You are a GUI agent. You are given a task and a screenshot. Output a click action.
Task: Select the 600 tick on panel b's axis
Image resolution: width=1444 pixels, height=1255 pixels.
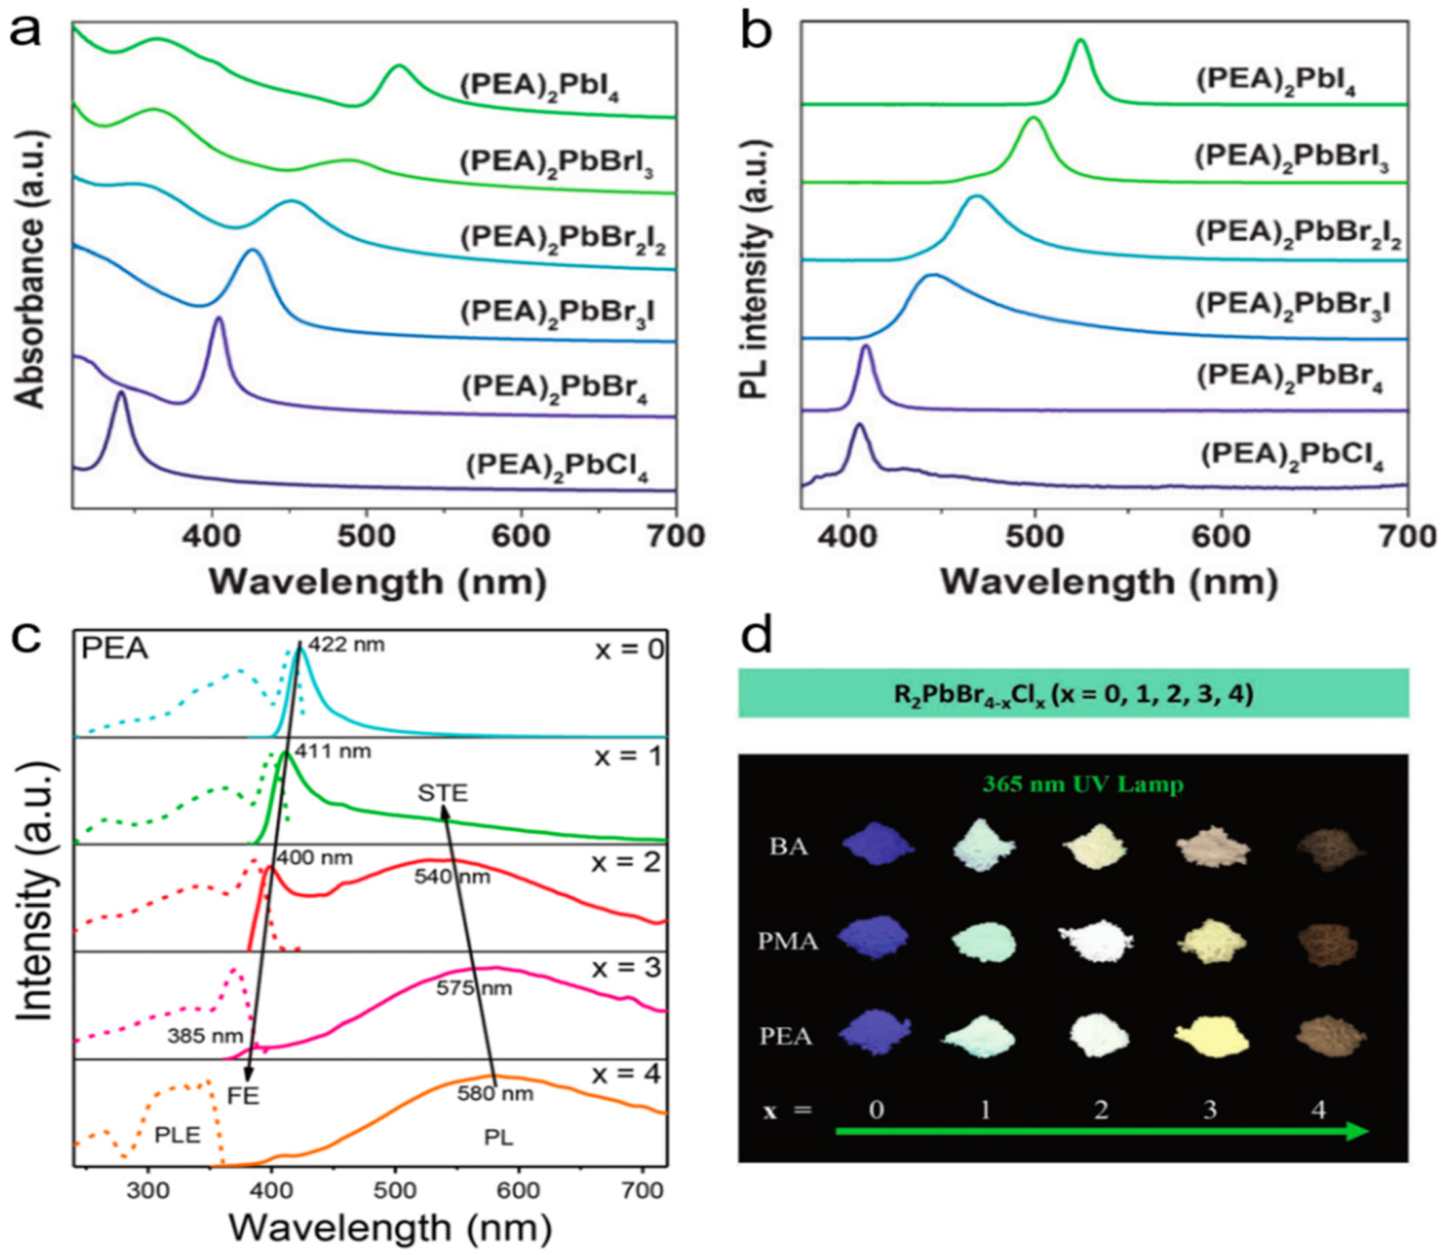1220,536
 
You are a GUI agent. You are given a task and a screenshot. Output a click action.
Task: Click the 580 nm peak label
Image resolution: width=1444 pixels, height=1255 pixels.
495,1093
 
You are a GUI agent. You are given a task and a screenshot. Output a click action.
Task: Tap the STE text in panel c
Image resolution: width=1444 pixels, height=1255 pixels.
442,793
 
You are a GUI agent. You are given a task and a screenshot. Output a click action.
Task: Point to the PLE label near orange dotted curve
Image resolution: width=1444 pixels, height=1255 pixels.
177,1134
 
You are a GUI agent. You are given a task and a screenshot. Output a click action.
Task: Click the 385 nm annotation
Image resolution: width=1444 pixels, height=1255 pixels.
205,1036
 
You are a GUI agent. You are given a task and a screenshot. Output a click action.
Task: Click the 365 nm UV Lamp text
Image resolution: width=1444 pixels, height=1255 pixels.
1083,783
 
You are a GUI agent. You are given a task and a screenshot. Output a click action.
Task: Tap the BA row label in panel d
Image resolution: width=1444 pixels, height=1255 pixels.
788,847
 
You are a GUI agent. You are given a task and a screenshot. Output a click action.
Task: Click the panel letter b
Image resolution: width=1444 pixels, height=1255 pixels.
756,33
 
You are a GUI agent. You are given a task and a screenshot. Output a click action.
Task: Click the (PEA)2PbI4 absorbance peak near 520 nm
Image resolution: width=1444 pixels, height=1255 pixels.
399,68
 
